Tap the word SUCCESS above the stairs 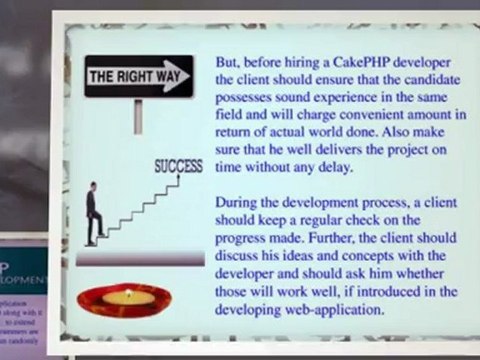[x=179, y=164]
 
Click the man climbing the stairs [x=92, y=213]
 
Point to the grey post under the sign [x=138, y=115]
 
